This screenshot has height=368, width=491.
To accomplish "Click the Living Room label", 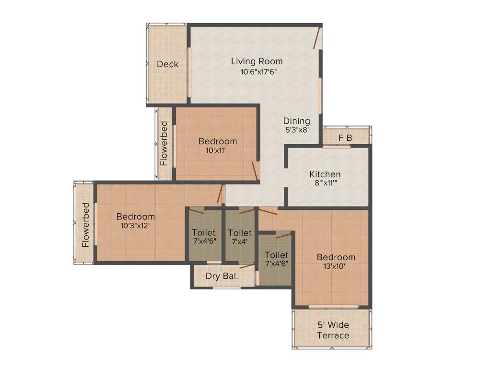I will tap(257, 61).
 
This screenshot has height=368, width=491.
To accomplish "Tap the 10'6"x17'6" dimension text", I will tap(259, 72).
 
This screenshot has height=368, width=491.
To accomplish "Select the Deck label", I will tap(167, 64).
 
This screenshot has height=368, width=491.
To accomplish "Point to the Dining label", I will tap(296, 121).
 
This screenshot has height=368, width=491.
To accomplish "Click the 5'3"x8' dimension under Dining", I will tap(296, 129).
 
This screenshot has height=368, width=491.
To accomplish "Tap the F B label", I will tap(345, 138).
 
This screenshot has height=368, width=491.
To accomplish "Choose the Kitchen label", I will tap(325, 174).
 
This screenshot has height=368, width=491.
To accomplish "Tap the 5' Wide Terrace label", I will tap(333, 330).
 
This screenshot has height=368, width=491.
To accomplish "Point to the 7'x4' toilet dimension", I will tap(240, 241).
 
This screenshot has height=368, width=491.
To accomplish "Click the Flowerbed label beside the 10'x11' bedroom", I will tap(164, 143).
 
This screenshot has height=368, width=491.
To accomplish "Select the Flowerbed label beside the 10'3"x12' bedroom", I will tap(85, 225).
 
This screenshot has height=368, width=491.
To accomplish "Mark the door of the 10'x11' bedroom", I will tap(255, 171).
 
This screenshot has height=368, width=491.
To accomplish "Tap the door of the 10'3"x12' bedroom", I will tap(221, 194).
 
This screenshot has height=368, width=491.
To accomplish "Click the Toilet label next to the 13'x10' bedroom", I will tap(276, 255).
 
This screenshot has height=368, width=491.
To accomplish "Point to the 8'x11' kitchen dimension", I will tap(325, 183).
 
